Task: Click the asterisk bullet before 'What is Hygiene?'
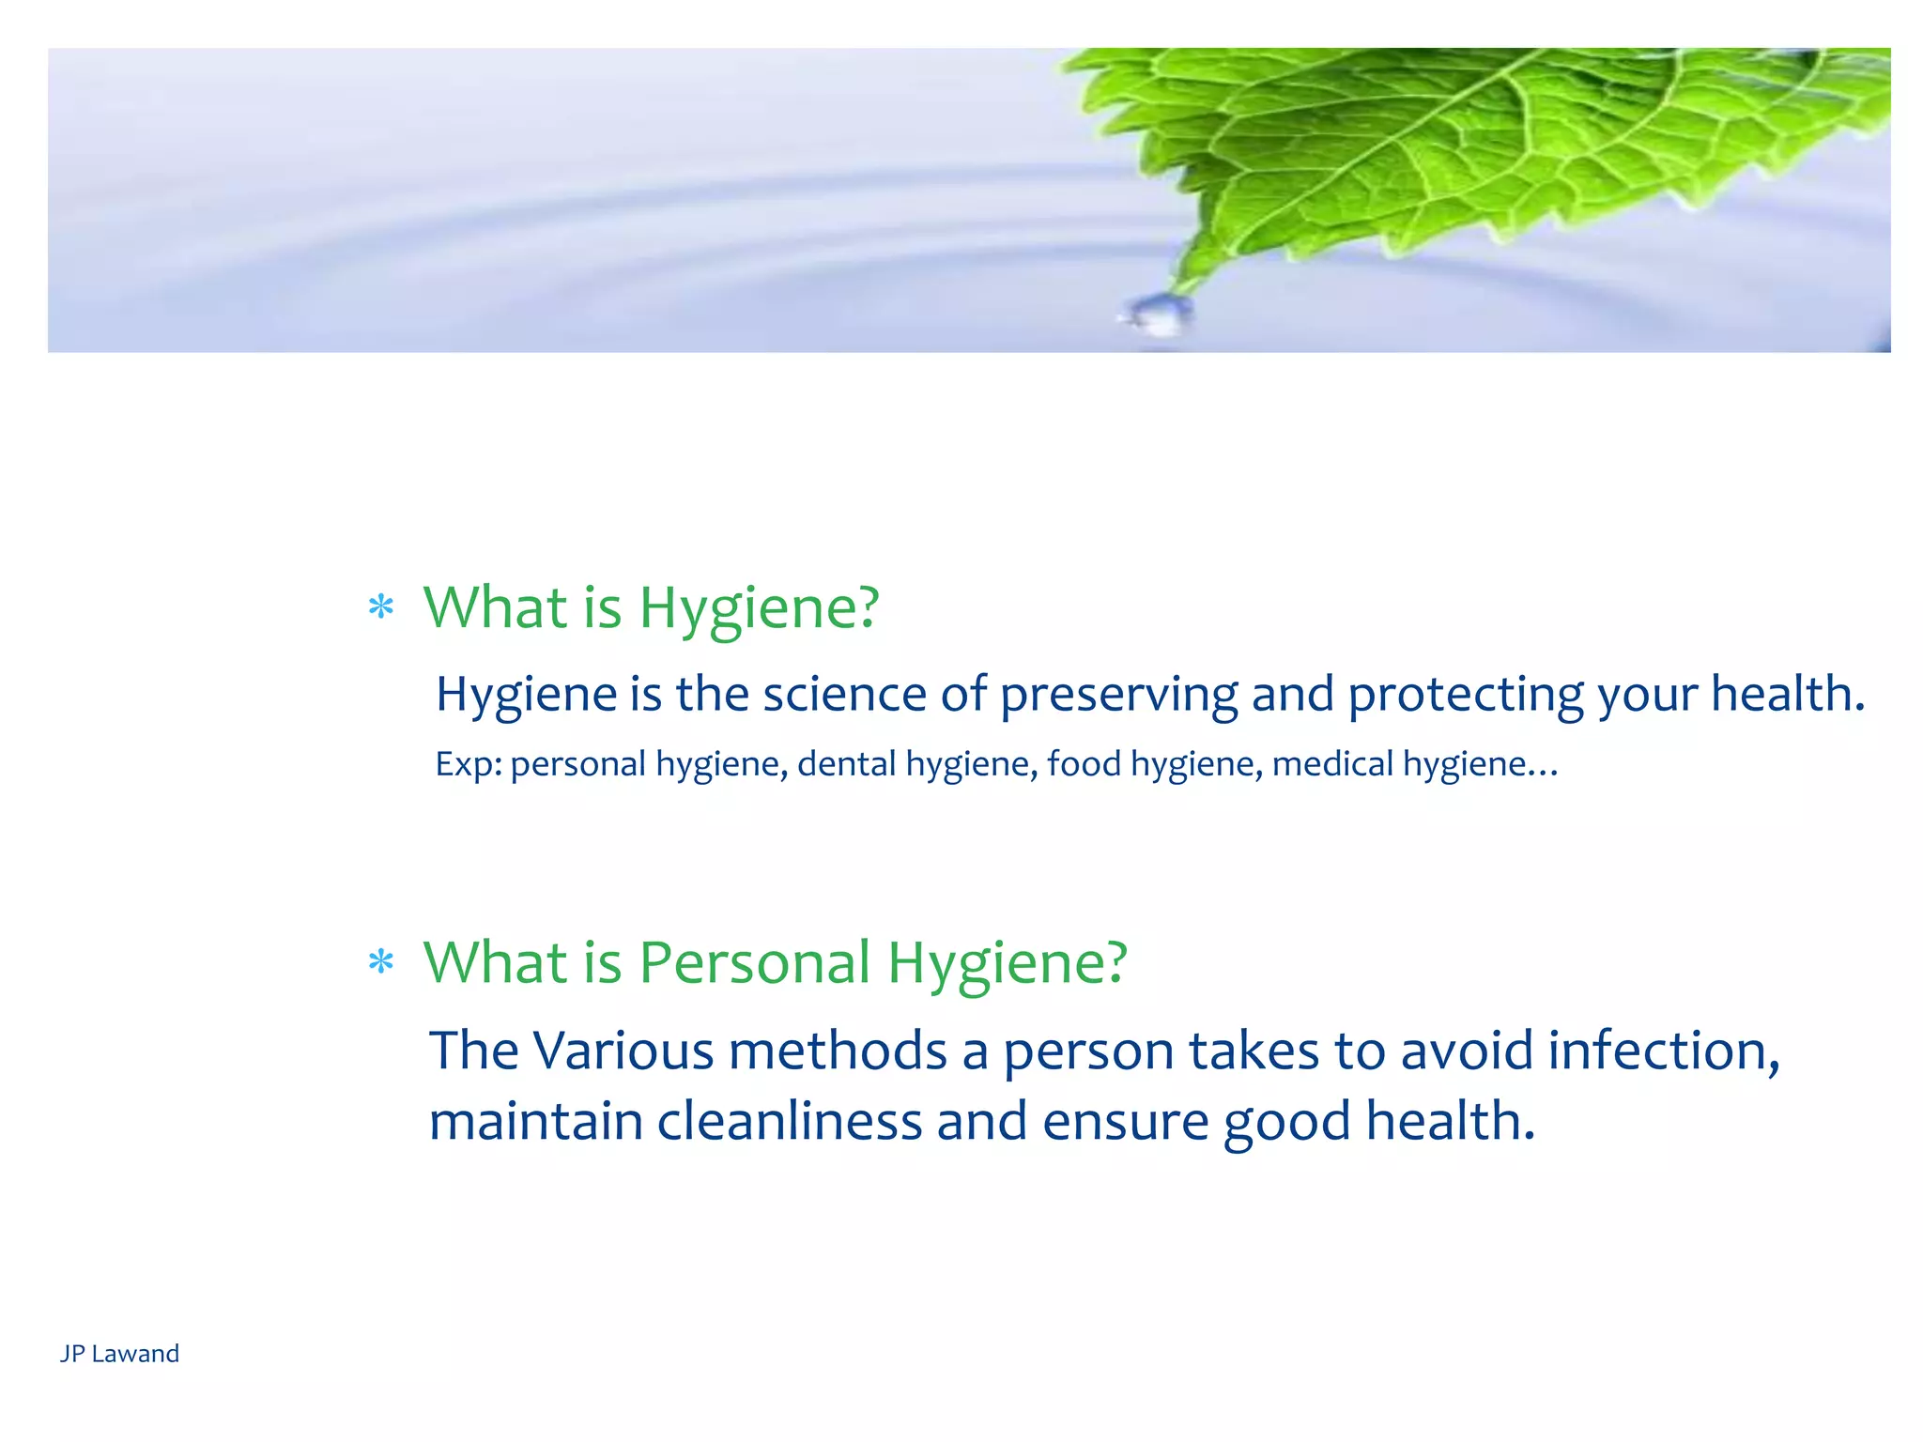coord(380,607)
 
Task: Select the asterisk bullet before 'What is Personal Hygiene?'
coord(380,962)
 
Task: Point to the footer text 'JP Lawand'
coord(119,1353)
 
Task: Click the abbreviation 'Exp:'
coord(469,764)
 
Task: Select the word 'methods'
coord(838,1051)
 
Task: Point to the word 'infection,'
coord(1663,1051)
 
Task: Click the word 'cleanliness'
coord(789,1122)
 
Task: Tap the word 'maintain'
coord(535,1122)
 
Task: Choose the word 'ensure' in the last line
coord(1125,1122)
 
